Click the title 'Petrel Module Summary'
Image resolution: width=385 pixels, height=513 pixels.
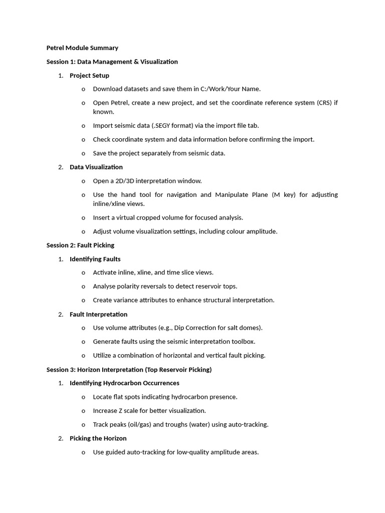82,48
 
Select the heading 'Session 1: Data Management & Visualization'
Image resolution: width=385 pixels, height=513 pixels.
112,62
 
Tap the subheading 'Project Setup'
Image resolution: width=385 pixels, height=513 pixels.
89,76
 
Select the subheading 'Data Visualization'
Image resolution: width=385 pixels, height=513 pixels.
96,167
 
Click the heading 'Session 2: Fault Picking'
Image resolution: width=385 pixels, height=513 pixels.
80,245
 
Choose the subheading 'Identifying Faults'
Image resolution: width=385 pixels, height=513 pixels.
95,259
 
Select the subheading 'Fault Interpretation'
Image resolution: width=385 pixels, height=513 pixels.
98,314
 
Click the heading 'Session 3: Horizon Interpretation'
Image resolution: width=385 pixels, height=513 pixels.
129,369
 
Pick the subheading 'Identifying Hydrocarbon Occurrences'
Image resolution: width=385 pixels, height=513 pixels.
124,383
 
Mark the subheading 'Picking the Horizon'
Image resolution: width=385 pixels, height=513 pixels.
98,438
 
